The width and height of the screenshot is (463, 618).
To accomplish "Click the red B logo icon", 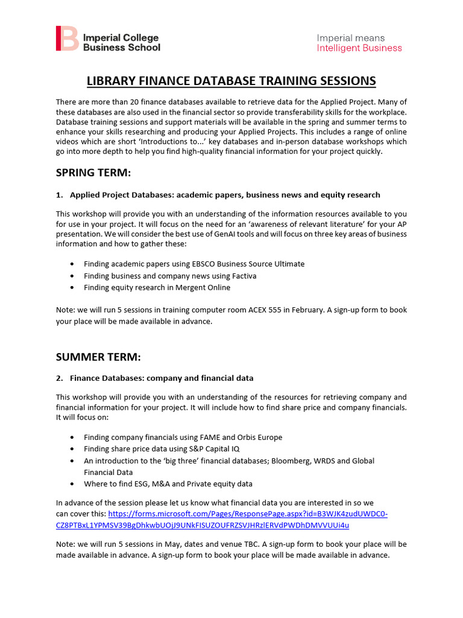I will coord(67,38).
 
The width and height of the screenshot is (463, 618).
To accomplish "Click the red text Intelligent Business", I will coord(359,48).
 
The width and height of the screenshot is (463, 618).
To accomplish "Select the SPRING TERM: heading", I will coord(93,173).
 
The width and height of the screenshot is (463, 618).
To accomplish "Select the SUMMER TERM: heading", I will coord(98,357).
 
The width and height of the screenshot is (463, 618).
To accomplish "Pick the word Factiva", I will coord(241,276).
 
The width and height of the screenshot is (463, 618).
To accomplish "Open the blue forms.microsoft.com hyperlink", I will coord(247,514).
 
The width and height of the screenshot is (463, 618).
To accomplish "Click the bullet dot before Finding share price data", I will coord(72,449).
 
